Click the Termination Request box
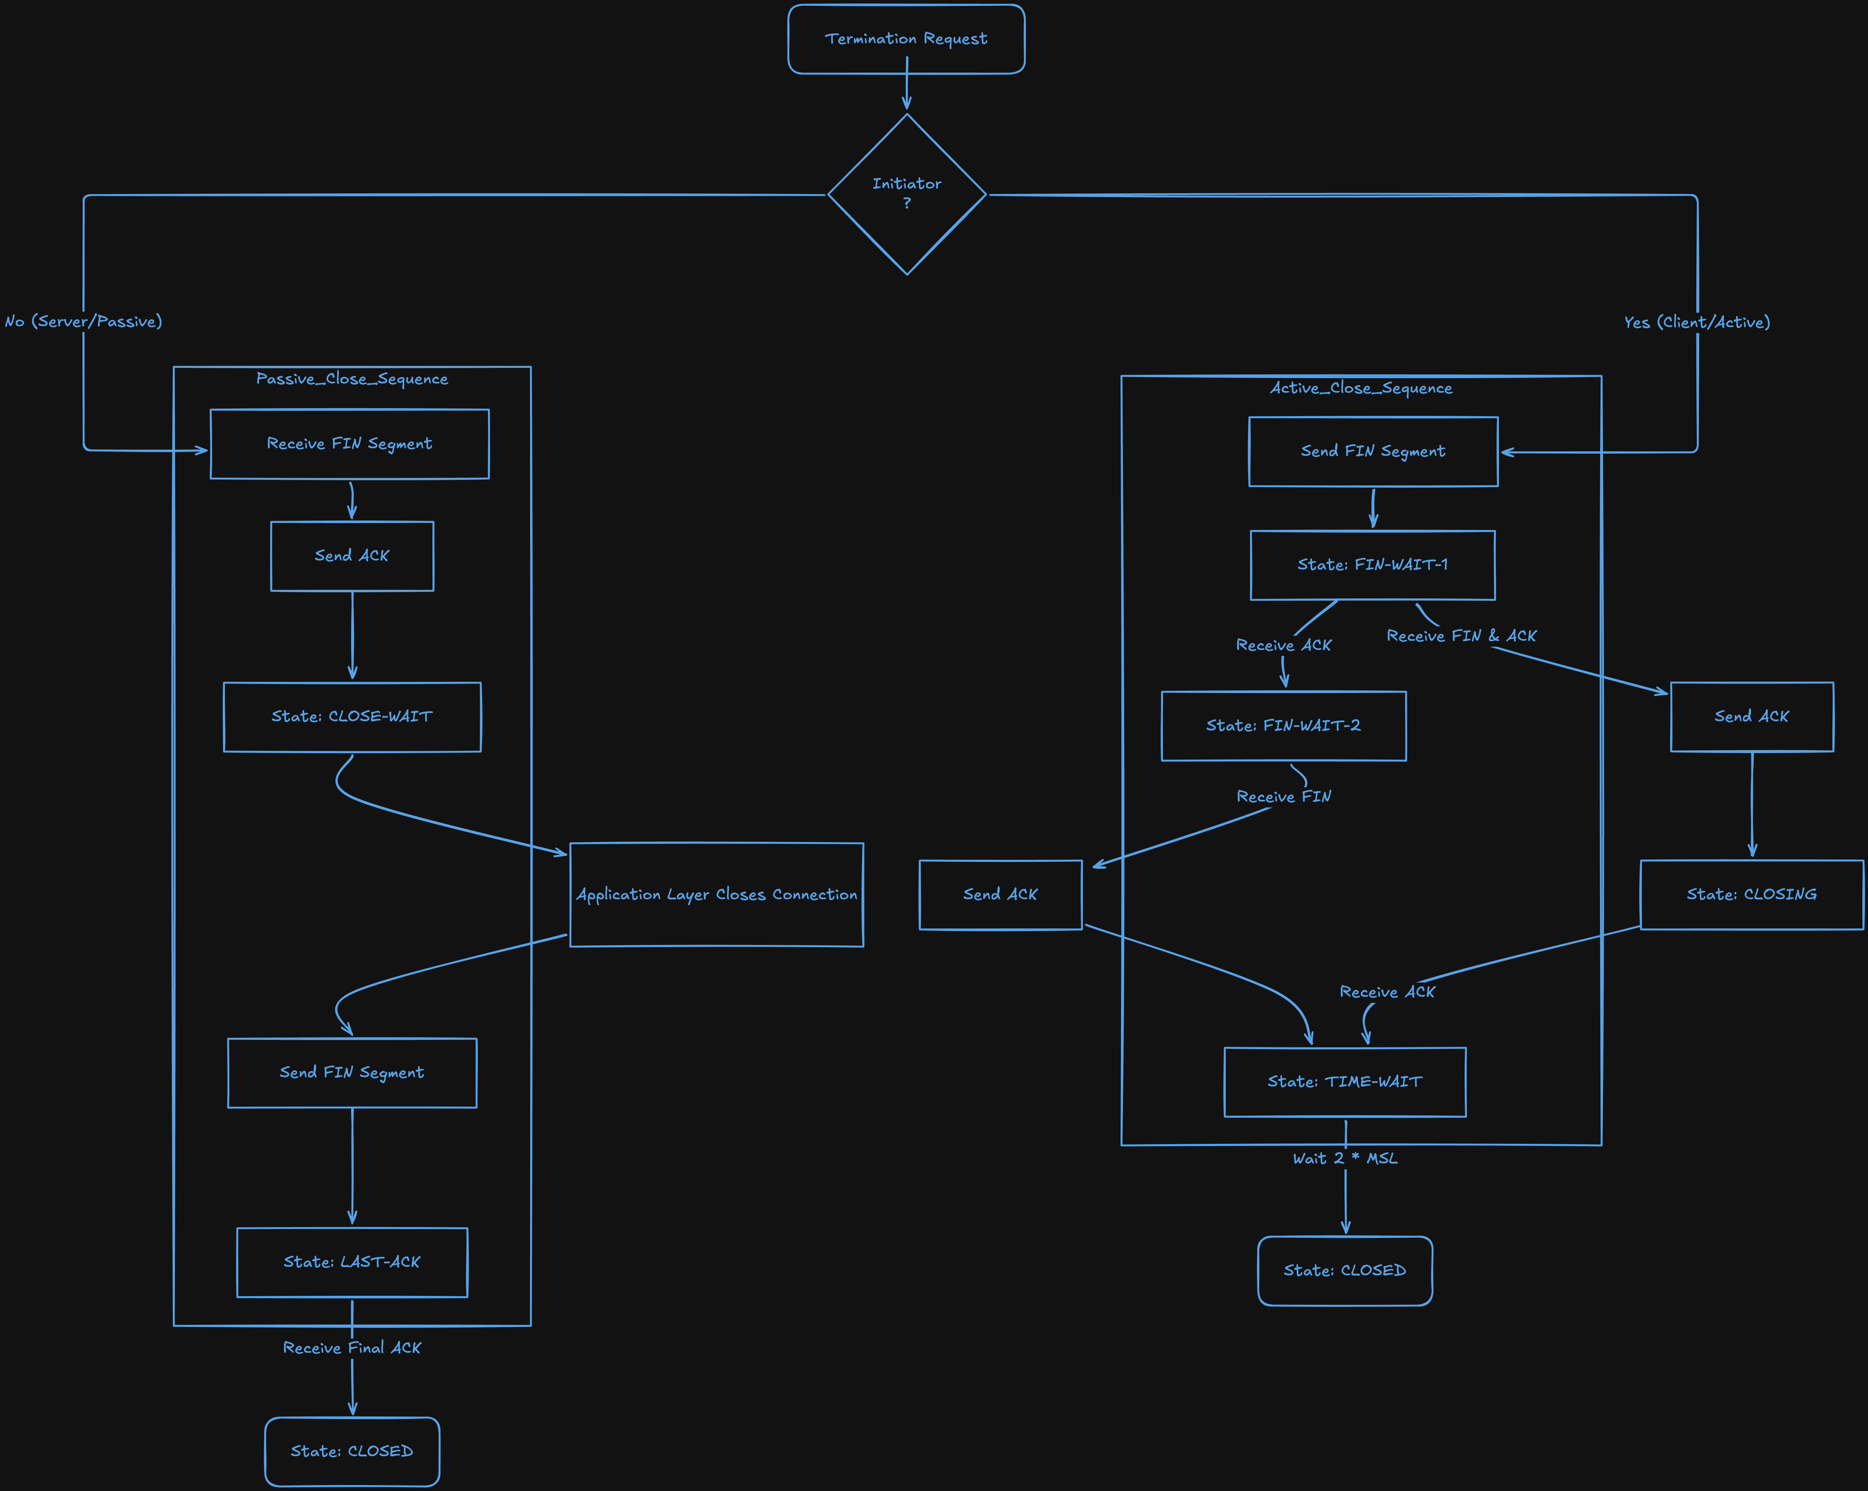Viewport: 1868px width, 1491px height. click(x=906, y=39)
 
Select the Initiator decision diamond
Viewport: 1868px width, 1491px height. click(x=907, y=194)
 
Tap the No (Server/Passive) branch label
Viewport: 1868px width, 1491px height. click(x=83, y=321)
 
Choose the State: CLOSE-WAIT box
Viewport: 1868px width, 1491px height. click(x=352, y=717)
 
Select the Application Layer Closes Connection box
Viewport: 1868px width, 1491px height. click(x=716, y=894)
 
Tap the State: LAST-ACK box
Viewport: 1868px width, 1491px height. click(x=352, y=1262)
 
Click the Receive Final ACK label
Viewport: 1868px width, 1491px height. click(x=352, y=1348)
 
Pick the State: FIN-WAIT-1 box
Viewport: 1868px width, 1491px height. click(x=1372, y=565)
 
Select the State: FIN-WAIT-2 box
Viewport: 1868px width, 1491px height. click(x=1283, y=726)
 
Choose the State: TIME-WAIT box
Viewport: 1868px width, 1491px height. click(x=1345, y=1082)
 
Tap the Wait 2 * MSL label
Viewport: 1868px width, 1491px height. click(x=1345, y=1158)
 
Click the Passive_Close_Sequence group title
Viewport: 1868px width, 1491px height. click(x=352, y=378)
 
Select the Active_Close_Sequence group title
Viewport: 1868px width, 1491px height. click(x=1361, y=388)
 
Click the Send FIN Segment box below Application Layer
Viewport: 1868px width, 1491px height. click(x=352, y=1073)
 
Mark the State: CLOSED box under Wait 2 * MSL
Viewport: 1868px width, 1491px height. click(x=1345, y=1271)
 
